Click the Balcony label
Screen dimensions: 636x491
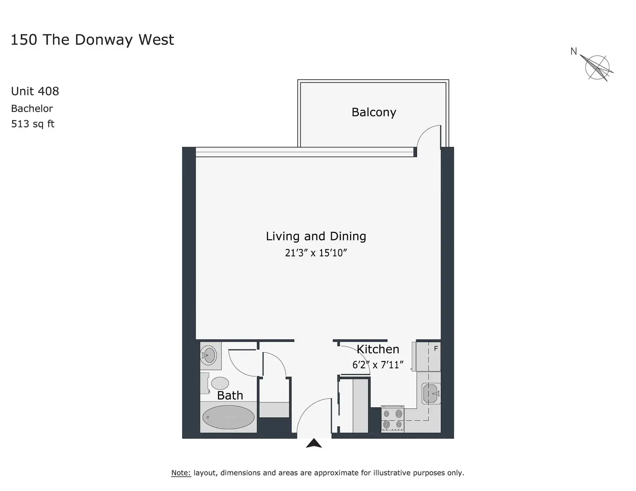(x=374, y=112)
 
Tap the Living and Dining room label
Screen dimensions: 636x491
(x=316, y=236)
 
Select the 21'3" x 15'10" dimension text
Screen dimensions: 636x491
(x=316, y=253)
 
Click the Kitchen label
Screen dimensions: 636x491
(x=378, y=349)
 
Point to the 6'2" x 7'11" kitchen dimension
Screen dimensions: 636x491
(x=378, y=365)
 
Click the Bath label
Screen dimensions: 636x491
(x=230, y=395)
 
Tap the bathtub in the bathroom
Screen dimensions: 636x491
(x=228, y=417)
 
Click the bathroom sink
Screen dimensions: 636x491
(x=208, y=356)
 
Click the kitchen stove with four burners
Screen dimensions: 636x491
(x=392, y=419)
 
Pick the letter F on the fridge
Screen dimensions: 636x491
(x=436, y=348)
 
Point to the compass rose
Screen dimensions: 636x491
(x=597, y=68)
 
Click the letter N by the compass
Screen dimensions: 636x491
(x=574, y=52)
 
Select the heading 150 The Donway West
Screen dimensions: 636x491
(x=92, y=39)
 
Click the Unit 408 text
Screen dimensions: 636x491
(x=35, y=91)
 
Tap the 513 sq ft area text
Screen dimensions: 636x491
(x=33, y=124)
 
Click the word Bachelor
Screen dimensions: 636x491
(x=32, y=108)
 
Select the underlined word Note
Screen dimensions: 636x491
(x=181, y=473)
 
